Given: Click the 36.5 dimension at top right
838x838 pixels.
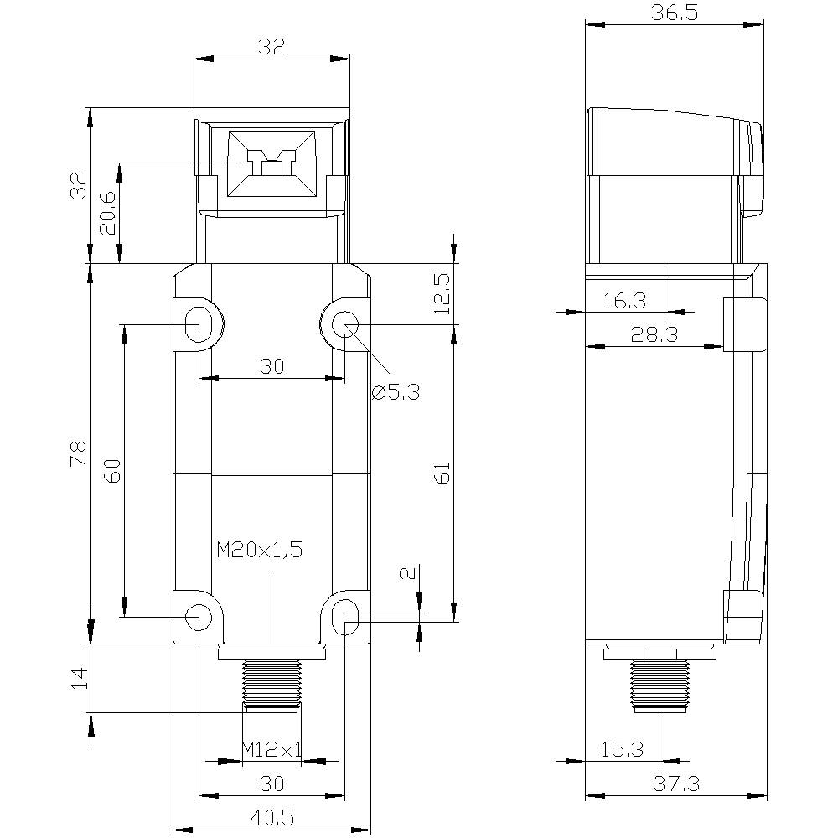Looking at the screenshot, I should (675, 14).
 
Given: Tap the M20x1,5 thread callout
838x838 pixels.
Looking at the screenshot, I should (259, 551).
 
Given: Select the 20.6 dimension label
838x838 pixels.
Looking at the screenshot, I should (107, 214).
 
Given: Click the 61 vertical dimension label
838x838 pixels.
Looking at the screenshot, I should (443, 473).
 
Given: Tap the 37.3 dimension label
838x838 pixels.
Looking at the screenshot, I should (675, 784).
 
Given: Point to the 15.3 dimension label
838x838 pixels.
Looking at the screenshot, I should (622, 750).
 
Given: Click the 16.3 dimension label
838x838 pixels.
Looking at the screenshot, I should (623, 300).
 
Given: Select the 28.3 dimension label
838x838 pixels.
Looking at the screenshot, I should (654, 334).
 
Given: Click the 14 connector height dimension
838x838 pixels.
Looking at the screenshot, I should (79, 678).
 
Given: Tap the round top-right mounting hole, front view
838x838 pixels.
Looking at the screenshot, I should (344, 324).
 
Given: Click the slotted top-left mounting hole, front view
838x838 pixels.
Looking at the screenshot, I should (199, 323).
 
